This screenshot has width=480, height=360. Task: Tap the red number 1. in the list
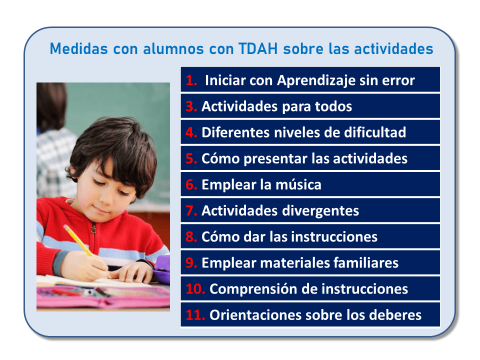pyautogui.click(x=192, y=80)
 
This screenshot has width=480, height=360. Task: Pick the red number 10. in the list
pyautogui.click(x=195, y=288)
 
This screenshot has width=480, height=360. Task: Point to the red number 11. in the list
pyautogui.click(x=195, y=315)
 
